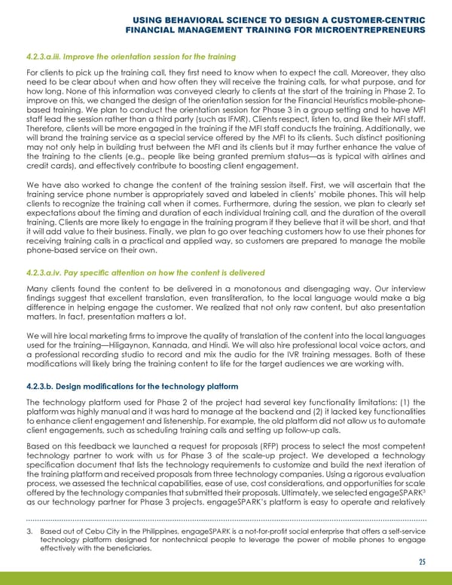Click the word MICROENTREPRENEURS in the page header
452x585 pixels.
tap(365, 31)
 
